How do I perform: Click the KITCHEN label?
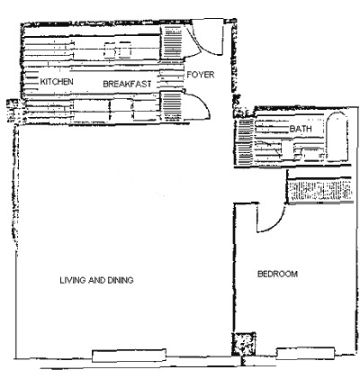57,81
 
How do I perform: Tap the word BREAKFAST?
127,84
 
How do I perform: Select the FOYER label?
201,75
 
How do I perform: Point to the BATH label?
301,129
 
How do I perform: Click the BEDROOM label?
278,274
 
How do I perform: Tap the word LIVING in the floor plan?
72,280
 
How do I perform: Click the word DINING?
121,280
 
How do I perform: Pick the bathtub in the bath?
337,138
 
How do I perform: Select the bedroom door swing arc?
279,223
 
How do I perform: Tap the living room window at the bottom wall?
129,356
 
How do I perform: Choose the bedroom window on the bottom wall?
305,354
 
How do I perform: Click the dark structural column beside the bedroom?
243,344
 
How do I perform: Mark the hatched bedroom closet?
319,191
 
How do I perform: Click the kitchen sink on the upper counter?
118,50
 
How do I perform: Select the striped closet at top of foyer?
173,42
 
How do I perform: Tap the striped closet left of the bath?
245,141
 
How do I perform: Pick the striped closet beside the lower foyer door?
171,106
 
